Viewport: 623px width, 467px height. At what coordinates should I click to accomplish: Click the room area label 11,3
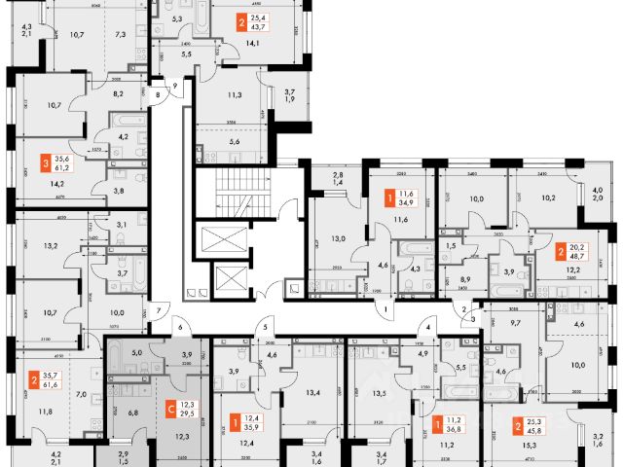click(x=233, y=95)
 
